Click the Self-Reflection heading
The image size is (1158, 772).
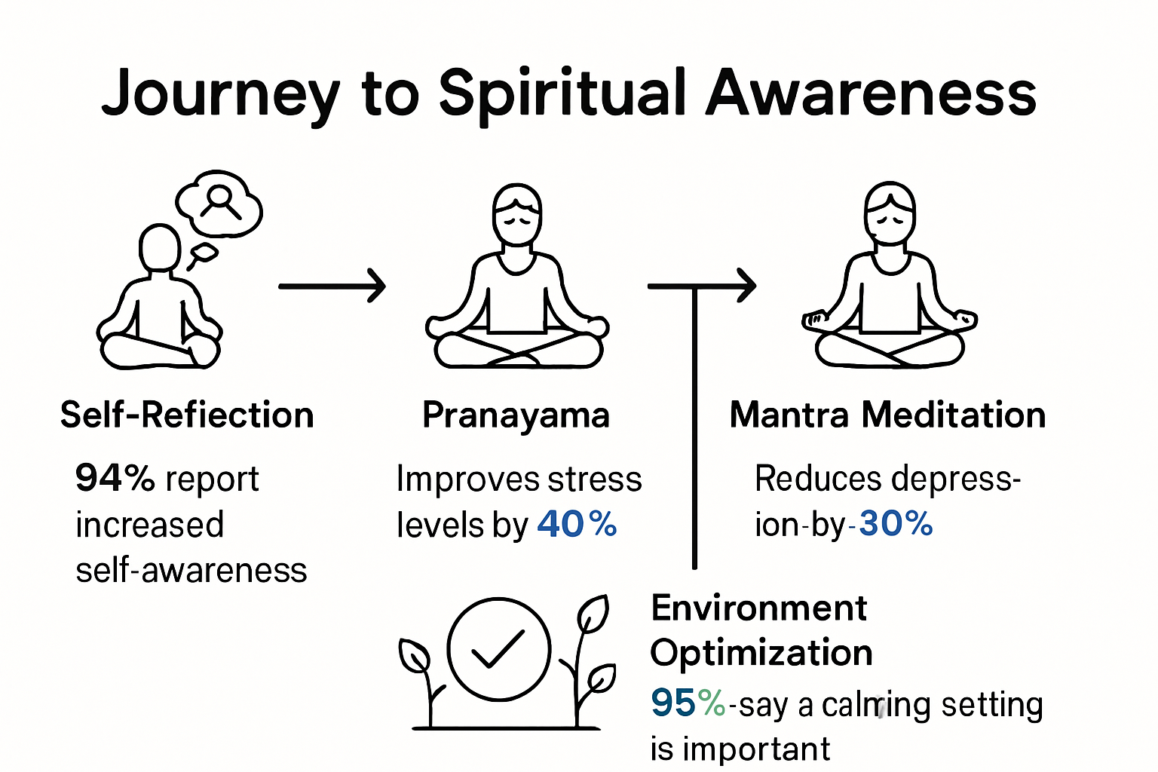click(187, 415)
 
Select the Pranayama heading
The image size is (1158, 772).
click(516, 415)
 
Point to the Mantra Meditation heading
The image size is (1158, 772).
click(887, 415)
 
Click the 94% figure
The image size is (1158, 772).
click(115, 478)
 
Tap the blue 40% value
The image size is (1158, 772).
click(577, 524)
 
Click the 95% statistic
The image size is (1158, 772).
click(688, 703)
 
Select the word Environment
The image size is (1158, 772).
click(759, 608)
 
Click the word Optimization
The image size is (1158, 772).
click(761, 653)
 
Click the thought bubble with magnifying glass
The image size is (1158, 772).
click(219, 204)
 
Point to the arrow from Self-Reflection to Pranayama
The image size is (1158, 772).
click(332, 286)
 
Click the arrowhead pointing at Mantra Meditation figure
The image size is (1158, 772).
click(746, 286)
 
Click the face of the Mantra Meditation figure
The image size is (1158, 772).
click(890, 219)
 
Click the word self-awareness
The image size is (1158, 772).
click(191, 571)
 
